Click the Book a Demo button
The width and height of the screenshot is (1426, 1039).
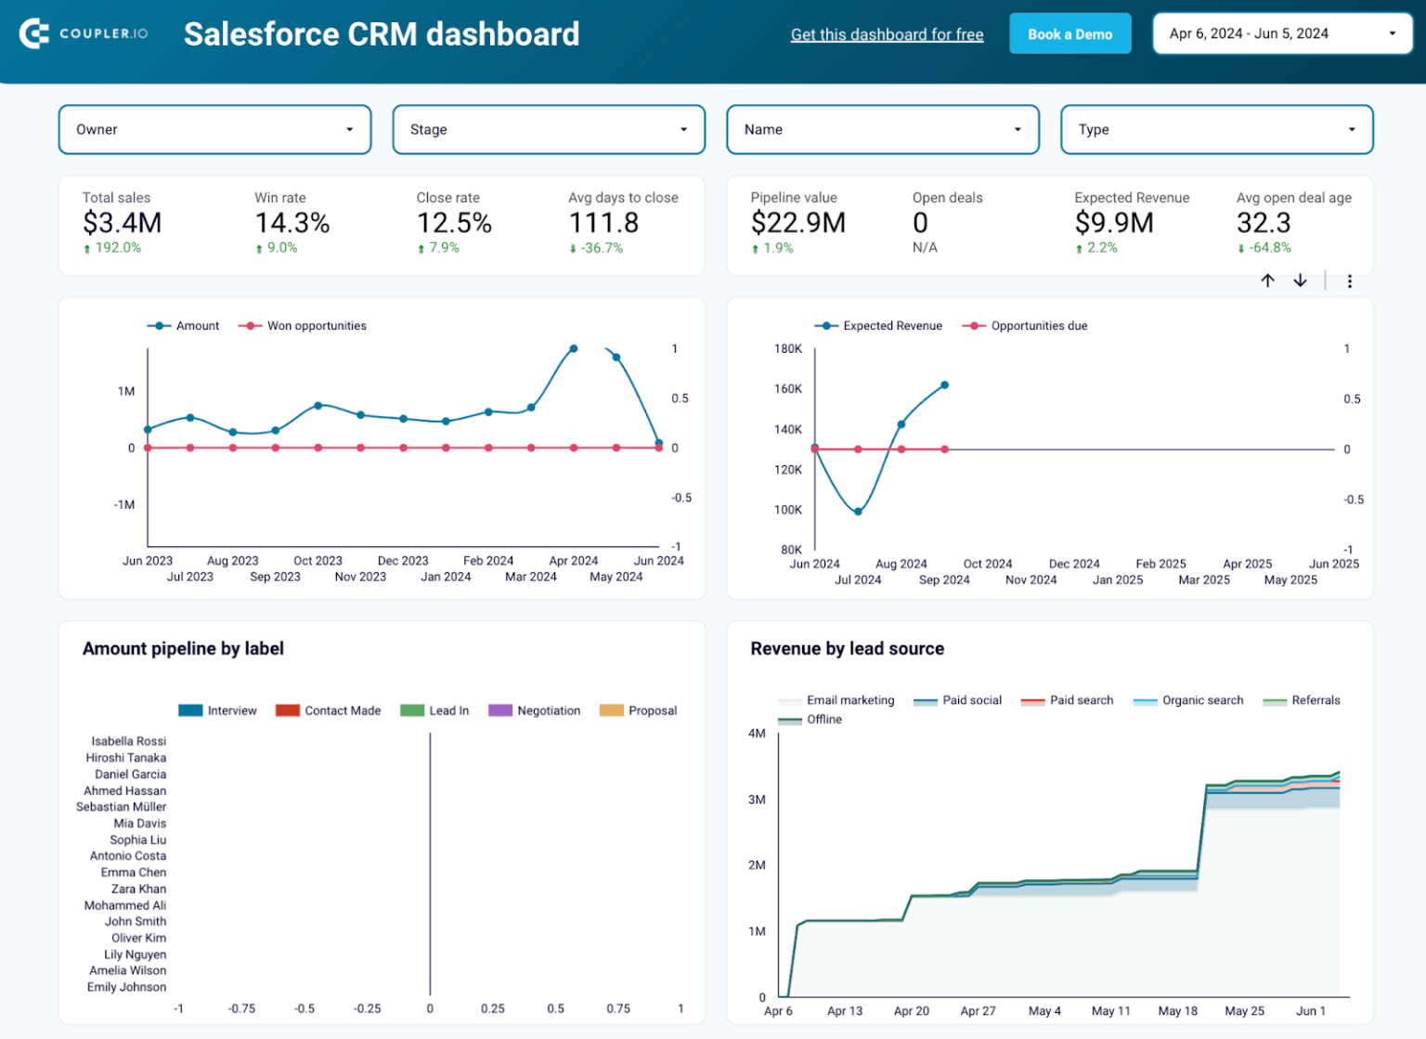point(1069,34)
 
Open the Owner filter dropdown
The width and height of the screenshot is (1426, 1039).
point(214,130)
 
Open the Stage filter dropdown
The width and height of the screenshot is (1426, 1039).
point(549,130)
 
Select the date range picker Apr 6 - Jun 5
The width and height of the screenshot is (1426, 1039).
point(1282,34)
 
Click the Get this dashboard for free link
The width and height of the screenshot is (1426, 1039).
point(887,35)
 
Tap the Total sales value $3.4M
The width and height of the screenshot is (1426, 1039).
point(122,223)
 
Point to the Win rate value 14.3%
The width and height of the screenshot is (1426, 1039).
point(292,223)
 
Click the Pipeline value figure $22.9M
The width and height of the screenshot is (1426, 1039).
point(797,223)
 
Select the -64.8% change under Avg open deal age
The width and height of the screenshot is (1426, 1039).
point(1268,248)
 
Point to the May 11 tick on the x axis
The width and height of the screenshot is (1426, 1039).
point(1110,1011)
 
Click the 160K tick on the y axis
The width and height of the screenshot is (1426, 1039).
point(787,389)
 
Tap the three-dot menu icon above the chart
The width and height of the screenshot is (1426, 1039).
point(1349,281)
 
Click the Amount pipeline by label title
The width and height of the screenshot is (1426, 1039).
point(183,649)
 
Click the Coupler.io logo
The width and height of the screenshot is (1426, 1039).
point(84,34)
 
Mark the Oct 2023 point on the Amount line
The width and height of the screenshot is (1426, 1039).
point(318,406)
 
